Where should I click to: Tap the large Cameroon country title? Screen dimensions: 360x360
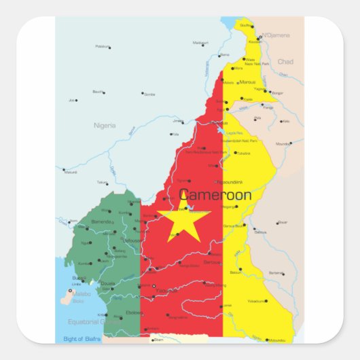(215, 196)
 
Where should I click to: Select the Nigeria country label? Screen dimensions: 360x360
(105, 125)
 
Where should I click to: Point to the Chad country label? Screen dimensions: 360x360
(285, 61)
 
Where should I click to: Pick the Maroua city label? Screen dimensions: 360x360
(247, 82)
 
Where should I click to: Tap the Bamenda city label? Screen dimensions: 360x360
(101, 221)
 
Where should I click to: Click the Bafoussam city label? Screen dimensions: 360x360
(132, 240)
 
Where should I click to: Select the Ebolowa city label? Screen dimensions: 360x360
(134, 312)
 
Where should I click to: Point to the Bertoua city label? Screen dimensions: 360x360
(213, 262)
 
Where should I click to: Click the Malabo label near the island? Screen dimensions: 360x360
(82, 293)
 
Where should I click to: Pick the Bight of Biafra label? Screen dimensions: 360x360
(82, 338)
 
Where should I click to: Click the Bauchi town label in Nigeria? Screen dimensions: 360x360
(97, 92)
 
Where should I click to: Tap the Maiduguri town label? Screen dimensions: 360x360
(200, 43)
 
